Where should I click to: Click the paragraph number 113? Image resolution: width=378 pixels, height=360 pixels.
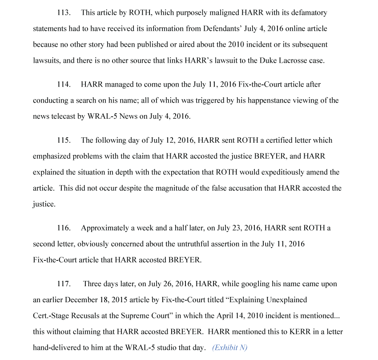64,13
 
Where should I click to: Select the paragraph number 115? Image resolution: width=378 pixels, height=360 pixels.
64,140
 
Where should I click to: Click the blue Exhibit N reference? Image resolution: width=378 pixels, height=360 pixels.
229,348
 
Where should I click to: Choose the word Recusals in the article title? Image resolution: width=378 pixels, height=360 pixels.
87,316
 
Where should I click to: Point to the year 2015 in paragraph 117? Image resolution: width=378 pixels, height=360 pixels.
132,300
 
